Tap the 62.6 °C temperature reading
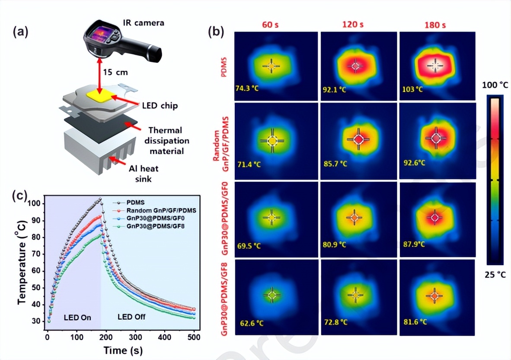(x=252, y=323)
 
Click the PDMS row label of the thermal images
(x=224, y=66)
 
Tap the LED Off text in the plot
(x=131, y=317)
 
